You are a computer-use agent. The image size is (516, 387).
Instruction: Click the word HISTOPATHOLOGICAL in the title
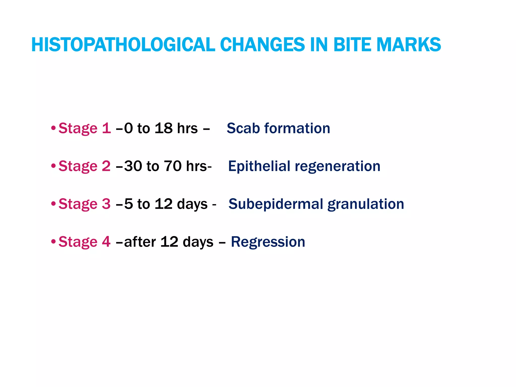[x=123, y=45]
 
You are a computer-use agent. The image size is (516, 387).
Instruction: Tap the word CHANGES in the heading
[x=262, y=45]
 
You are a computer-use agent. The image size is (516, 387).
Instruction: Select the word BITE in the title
[x=352, y=45]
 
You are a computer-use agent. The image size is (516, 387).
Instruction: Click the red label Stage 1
[x=84, y=128]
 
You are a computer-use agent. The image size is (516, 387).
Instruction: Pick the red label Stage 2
[x=84, y=166]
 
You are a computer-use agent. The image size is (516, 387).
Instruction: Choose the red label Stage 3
[x=84, y=204]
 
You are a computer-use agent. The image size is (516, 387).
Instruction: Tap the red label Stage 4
[x=84, y=242]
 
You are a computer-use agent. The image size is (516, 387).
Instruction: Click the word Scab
[x=243, y=128]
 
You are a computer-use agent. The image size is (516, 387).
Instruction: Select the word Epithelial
[x=259, y=166]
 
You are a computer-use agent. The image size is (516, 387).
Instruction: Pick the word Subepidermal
[x=276, y=204]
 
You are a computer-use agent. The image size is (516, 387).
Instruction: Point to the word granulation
[x=366, y=204]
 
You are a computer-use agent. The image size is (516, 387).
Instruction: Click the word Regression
[x=268, y=242]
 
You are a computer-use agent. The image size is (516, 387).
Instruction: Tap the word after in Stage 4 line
[x=140, y=242]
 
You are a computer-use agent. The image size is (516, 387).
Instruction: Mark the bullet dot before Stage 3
[x=53, y=203]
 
